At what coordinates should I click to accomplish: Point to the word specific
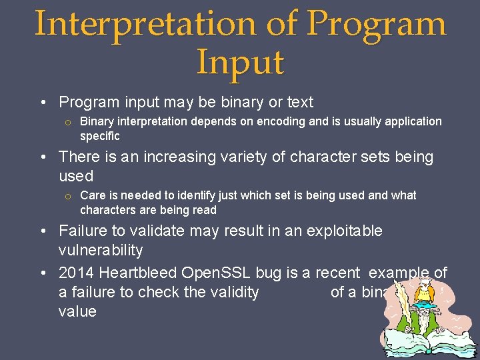coord(100,136)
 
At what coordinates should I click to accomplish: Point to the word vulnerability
coord(101,251)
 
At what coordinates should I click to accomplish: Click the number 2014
coord(77,273)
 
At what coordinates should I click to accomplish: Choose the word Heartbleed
coord(139,273)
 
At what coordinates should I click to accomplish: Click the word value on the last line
coord(77,311)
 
